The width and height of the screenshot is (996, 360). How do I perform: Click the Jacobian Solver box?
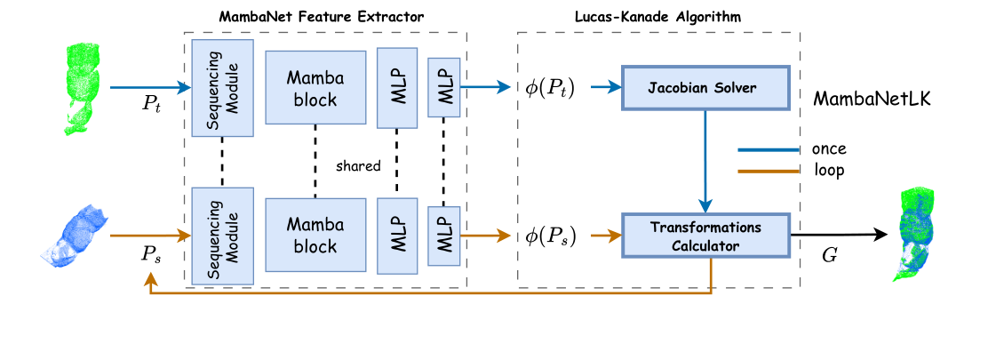(704, 87)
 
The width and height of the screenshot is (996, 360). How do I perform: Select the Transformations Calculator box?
(704, 236)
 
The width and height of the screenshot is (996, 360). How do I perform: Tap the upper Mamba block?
(315, 87)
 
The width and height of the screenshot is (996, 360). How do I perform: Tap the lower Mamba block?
(315, 235)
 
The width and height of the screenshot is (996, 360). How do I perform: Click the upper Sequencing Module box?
(222, 87)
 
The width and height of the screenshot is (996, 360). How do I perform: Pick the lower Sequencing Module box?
(222, 236)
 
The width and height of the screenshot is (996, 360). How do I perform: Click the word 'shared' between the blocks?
(358, 165)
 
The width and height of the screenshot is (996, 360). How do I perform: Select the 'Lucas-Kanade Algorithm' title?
(658, 17)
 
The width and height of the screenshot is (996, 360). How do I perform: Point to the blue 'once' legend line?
(768, 148)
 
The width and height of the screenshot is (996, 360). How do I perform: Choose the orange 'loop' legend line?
(768, 170)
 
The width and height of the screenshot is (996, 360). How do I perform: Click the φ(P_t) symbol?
(551, 88)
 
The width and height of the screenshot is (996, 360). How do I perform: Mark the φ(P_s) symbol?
(551, 236)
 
